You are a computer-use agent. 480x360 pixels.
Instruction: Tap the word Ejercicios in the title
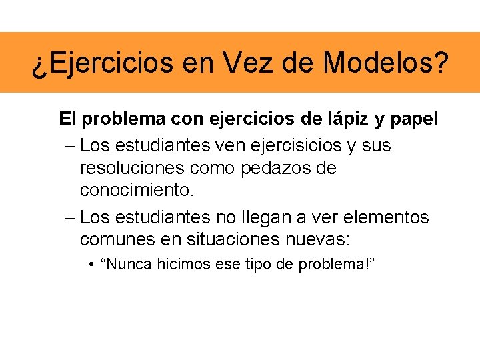(103, 63)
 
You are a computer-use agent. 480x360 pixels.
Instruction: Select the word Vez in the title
(245, 63)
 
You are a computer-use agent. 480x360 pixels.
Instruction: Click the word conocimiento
(137, 191)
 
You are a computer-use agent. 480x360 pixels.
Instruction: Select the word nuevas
(321, 239)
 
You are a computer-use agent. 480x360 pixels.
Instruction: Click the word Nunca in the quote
(126, 265)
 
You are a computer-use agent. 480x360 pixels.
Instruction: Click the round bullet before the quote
(90, 265)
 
